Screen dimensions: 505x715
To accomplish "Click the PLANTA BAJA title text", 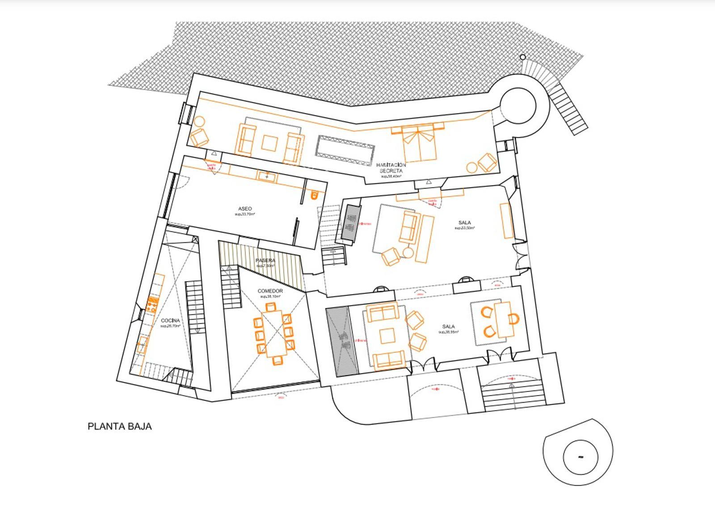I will click(119, 426).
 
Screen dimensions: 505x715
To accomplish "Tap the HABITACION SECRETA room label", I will click(391, 168).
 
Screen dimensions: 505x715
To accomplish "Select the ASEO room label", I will click(245, 209).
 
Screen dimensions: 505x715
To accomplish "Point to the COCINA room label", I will click(170, 320).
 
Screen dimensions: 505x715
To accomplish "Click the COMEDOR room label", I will click(270, 291).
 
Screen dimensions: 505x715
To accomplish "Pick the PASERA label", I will click(265, 261).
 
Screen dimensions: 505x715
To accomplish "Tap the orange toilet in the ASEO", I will click(314, 195).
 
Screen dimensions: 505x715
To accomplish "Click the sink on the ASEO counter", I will click(267, 176).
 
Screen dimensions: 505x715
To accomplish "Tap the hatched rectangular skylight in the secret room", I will click(344, 146).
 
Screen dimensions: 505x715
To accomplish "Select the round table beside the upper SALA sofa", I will click(408, 252).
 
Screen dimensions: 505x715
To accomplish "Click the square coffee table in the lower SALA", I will click(387, 336).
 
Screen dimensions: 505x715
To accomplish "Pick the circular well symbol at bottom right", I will click(580, 457).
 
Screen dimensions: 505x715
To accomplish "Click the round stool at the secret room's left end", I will click(199, 122).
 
